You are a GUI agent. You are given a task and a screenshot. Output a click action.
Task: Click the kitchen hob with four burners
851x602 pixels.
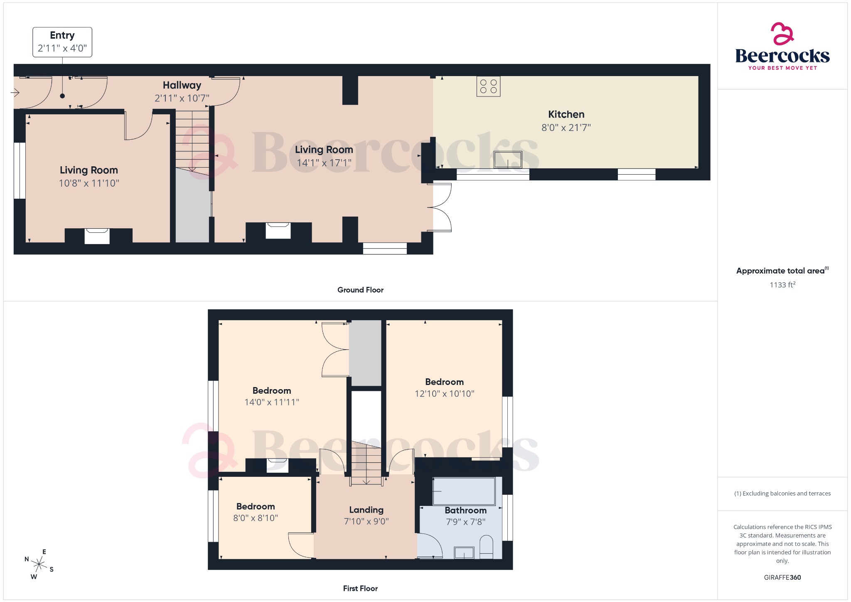488,86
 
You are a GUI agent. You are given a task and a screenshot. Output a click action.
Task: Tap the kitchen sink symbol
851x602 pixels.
507,160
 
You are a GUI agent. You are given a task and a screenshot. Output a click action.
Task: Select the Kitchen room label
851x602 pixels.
566,114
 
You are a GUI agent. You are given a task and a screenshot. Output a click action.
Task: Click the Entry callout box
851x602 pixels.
62,42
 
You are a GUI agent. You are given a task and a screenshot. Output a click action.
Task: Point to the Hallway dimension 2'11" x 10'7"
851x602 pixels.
182,99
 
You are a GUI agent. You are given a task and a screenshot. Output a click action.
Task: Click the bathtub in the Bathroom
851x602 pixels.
464,491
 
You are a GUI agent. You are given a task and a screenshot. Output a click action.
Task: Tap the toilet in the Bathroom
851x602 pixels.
486,547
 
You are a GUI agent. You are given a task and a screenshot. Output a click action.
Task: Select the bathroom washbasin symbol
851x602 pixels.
464,553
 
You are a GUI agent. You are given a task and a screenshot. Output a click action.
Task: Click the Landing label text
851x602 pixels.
366,510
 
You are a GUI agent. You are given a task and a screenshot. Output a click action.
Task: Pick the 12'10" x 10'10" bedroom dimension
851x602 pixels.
444,394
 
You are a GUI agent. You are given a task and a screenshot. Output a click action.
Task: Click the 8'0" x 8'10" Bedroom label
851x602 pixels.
256,506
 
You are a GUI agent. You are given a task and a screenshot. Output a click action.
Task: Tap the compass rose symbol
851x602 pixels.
39,564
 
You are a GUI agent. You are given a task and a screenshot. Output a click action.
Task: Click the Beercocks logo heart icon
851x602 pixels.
782,34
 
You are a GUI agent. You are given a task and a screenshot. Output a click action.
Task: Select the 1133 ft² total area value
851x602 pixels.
782,285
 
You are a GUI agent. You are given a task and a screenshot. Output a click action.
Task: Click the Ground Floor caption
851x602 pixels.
360,290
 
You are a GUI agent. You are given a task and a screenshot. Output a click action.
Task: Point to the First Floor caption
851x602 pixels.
360,588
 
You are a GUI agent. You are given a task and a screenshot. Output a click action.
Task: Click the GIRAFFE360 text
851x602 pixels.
782,577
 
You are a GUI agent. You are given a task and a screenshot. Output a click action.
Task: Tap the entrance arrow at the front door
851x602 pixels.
15,92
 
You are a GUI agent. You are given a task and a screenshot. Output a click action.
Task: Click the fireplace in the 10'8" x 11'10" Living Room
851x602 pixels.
97,236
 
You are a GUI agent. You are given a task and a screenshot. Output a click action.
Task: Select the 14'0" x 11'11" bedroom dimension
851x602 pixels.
272,402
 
